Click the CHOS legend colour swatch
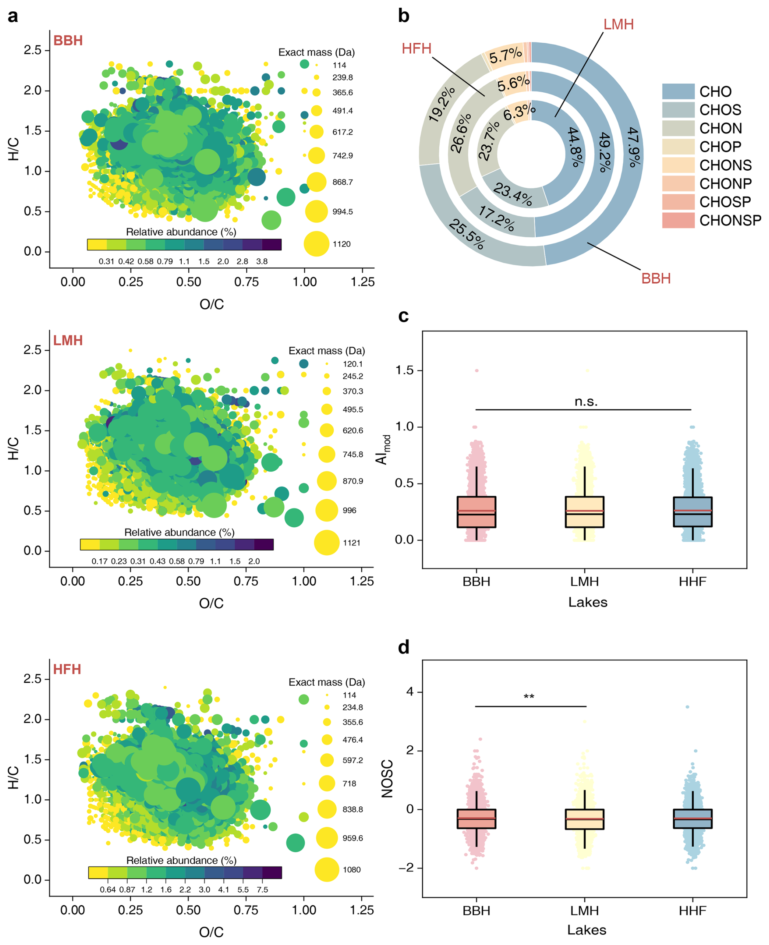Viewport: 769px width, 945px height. tap(678, 110)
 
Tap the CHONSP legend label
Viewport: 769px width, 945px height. tap(730, 220)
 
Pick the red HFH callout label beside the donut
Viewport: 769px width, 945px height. tap(416, 48)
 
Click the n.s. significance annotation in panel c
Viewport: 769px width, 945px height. tap(586, 402)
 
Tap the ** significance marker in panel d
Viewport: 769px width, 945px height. tap(529, 697)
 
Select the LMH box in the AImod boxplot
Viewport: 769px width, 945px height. tap(584, 512)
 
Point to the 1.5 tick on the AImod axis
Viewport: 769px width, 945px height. tap(405, 370)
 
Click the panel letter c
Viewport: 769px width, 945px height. tap(403, 316)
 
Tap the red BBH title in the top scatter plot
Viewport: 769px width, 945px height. tap(68, 40)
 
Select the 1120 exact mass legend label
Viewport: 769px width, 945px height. tap(341, 244)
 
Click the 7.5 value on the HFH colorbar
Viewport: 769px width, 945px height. tap(262, 889)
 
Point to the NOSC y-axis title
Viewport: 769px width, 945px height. tap(387, 778)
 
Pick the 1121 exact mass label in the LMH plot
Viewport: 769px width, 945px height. tap(351, 543)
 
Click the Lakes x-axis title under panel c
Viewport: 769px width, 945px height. tap(587, 602)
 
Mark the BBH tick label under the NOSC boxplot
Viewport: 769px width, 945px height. tap(476, 910)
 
